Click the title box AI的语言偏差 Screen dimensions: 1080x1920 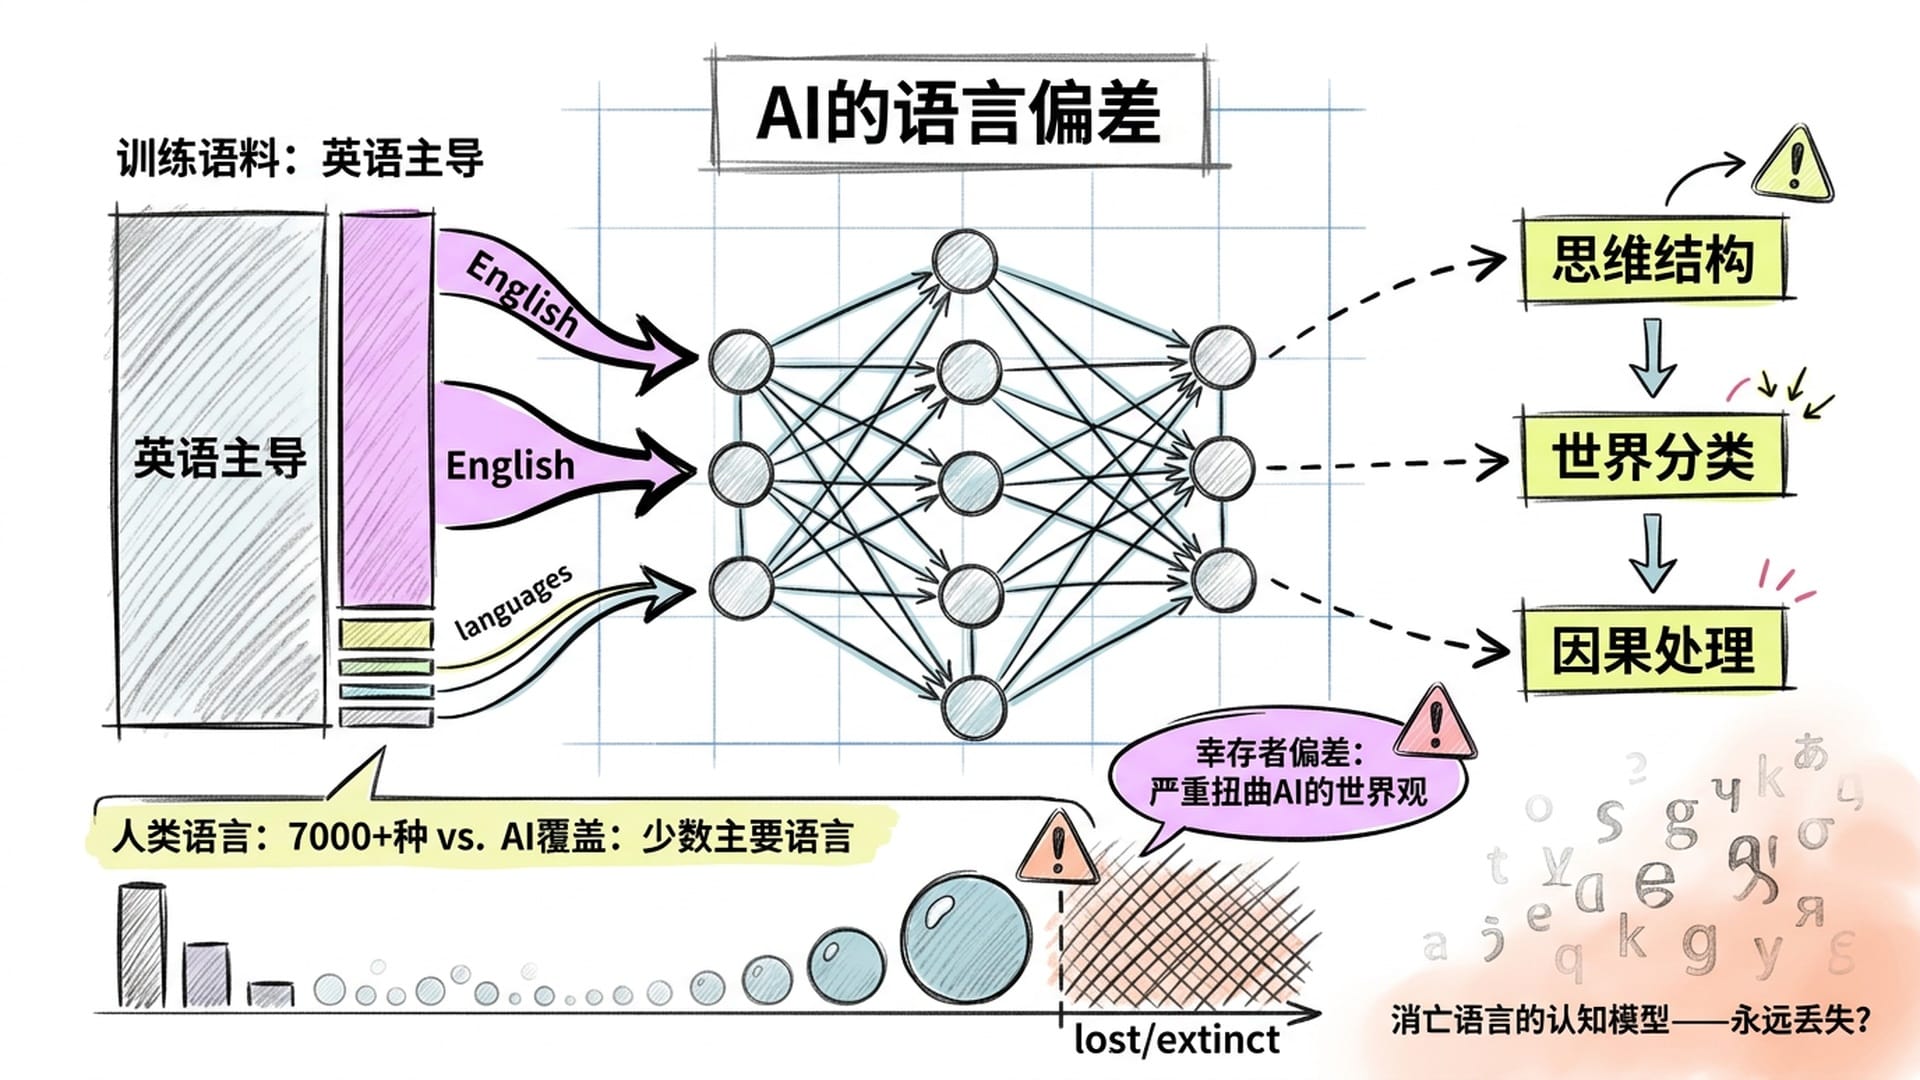(958, 113)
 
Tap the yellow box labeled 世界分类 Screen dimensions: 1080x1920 (1652, 457)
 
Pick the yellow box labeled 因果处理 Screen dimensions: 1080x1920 (1652, 650)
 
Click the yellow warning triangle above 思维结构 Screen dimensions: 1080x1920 (1794, 167)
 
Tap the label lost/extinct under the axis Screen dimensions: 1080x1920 (1176, 1040)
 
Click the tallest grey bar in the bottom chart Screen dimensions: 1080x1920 (142, 945)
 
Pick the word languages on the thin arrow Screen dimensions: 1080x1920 (513, 601)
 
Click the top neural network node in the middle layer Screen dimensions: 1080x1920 (964, 261)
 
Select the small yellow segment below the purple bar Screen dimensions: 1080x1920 (385, 634)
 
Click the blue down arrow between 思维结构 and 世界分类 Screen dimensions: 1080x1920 (1652, 356)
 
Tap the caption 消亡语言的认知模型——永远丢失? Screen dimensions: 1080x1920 (1630, 1020)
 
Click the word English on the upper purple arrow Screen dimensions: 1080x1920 (522, 294)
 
